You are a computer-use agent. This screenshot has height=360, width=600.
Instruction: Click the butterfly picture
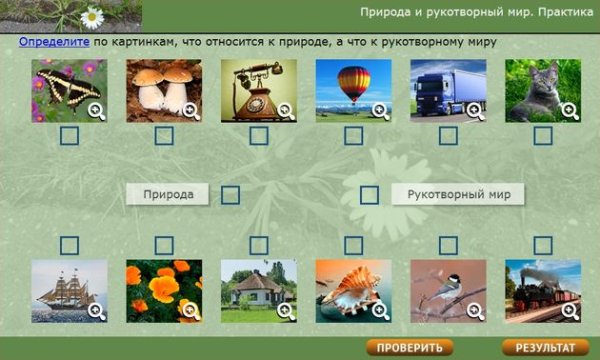(68, 90)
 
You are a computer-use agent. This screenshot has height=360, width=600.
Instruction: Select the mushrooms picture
(163, 90)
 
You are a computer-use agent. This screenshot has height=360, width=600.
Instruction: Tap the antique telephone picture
(258, 90)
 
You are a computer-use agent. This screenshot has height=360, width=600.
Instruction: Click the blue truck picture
(447, 90)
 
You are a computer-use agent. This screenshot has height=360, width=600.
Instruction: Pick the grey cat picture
(542, 90)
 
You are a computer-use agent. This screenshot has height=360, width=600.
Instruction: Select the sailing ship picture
(68, 290)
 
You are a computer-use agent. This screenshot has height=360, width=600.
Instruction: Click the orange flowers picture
(163, 290)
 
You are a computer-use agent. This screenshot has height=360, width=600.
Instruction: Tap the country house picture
(258, 290)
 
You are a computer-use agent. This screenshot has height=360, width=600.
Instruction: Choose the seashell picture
(352, 290)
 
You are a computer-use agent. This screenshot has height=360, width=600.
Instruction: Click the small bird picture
(447, 290)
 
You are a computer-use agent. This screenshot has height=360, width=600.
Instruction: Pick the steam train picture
(542, 290)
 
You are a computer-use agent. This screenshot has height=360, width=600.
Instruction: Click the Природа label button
(168, 194)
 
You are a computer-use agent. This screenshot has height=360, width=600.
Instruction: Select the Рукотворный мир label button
(458, 194)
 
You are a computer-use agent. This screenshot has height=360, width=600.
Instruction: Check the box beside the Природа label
(230, 195)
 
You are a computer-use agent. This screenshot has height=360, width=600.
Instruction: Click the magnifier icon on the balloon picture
(380, 111)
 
